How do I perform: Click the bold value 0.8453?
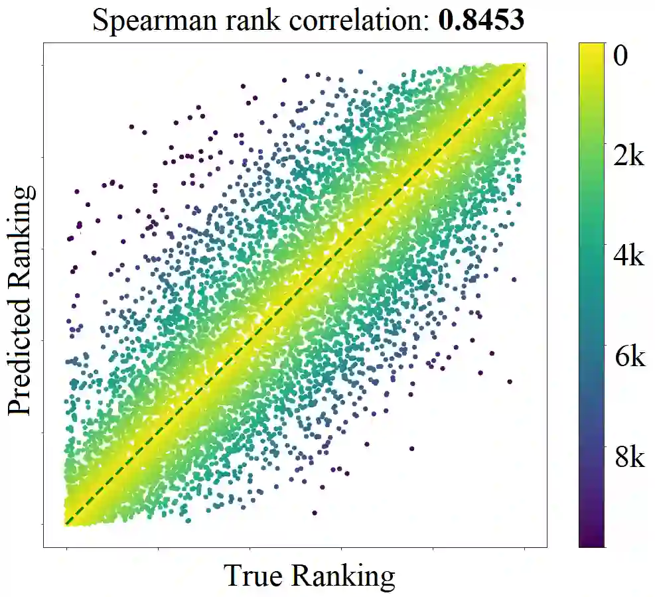(482, 20)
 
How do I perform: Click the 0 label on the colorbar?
(620, 56)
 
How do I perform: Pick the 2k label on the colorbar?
(627, 157)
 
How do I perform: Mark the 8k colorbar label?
(627, 458)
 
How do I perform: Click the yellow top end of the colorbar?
(591, 48)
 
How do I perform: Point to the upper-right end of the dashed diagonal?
(524, 65)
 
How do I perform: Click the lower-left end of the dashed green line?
(66, 523)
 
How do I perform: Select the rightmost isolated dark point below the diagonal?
(510, 381)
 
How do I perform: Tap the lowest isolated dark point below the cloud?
(314, 512)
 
